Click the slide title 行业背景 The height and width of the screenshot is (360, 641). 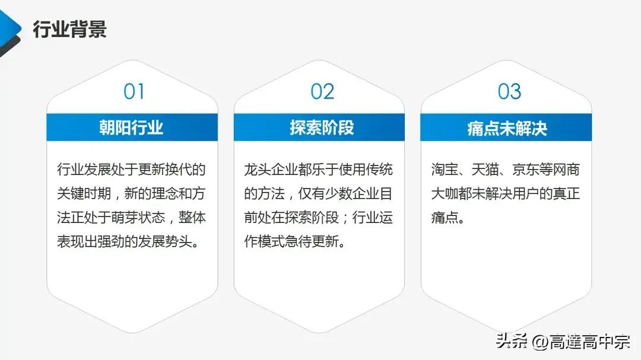click(x=69, y=28)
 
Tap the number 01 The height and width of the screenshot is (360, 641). click(x=134, y=91)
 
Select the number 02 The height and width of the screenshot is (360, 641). click(x=322, y=91)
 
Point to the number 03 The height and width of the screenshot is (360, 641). click(x=509, y=91)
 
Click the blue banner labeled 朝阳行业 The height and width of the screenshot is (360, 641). click(x=132, y=128)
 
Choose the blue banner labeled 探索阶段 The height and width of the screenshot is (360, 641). click(x=319, y=128)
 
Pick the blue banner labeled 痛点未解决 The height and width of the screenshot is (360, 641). click(x=506, y=128)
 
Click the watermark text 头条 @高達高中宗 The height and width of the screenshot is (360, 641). click(x=563, y=342)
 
